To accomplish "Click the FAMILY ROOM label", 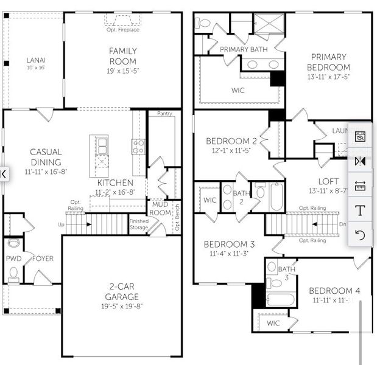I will [x=123, y=57].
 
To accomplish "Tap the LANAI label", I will [x=36, y=60].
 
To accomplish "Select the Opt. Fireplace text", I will [x=122, y=30].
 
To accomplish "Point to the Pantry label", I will [x=164, y=114].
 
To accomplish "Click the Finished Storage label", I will [x=139, y=224].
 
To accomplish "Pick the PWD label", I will [x=13, y=259].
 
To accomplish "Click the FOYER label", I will [x=43, y=259].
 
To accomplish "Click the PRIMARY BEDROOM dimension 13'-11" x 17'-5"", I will [x=329, y=77].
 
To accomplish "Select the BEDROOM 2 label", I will [x=231, y=141].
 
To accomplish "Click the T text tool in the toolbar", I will [x=360, y=211].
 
